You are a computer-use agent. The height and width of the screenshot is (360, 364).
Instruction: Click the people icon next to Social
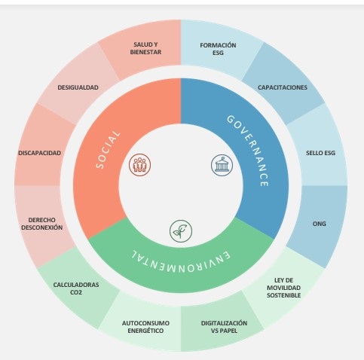(x=140, y=165)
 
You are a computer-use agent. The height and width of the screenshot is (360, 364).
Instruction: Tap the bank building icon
(x=222, y=165)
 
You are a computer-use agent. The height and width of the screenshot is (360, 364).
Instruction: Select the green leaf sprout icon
(x=181, y=231)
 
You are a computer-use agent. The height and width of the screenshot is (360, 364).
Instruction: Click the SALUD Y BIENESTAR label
(x=145, y=48)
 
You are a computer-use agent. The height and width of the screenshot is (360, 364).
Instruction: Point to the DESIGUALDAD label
(x=78, y=87)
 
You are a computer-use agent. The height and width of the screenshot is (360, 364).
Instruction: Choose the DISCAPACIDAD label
(x=39, y=153)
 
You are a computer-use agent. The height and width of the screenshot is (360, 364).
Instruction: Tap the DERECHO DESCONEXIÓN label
(x=42, y=224)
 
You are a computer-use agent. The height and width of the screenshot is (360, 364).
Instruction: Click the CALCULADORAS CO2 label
(x=76, y=288)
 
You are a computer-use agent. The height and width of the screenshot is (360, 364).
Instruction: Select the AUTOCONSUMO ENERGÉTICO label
(x=145, y=327)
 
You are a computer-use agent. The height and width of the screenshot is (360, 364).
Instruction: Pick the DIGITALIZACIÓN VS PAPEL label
(x=224, y=327)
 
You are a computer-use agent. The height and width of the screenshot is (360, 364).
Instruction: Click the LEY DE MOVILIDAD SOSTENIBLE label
(x=283, y=288)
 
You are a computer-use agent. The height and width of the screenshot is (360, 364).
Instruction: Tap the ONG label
(x=319, y=224)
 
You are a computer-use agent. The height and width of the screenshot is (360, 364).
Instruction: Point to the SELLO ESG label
(x=320, y=153)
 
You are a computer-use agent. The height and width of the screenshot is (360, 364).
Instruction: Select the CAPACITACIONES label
(x=283, y=87)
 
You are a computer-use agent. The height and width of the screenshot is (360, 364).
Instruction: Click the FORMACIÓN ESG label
(x=218, y=49)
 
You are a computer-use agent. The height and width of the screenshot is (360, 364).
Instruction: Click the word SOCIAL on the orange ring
(x=109, y=150)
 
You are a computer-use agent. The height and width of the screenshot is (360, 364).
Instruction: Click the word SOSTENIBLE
(x=283, y=295)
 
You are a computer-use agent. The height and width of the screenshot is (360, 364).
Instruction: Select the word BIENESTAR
(x=145, y=52)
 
